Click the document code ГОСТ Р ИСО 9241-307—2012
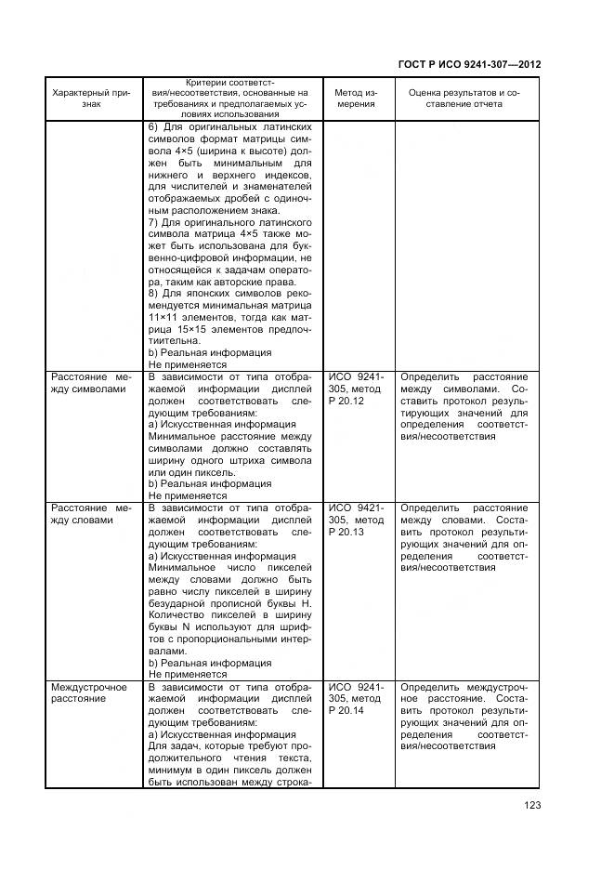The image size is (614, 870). (469, 65)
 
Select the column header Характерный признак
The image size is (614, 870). (90, 99)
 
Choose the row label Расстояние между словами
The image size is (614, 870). (90, 514)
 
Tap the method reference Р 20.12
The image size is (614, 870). (346, 402)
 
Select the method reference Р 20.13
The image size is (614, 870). (346, 533)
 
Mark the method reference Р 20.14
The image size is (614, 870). (346, 711)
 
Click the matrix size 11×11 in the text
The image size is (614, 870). (163, 317)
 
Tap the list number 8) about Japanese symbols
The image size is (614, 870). (154, 293)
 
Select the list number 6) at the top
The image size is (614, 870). (154, 127)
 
